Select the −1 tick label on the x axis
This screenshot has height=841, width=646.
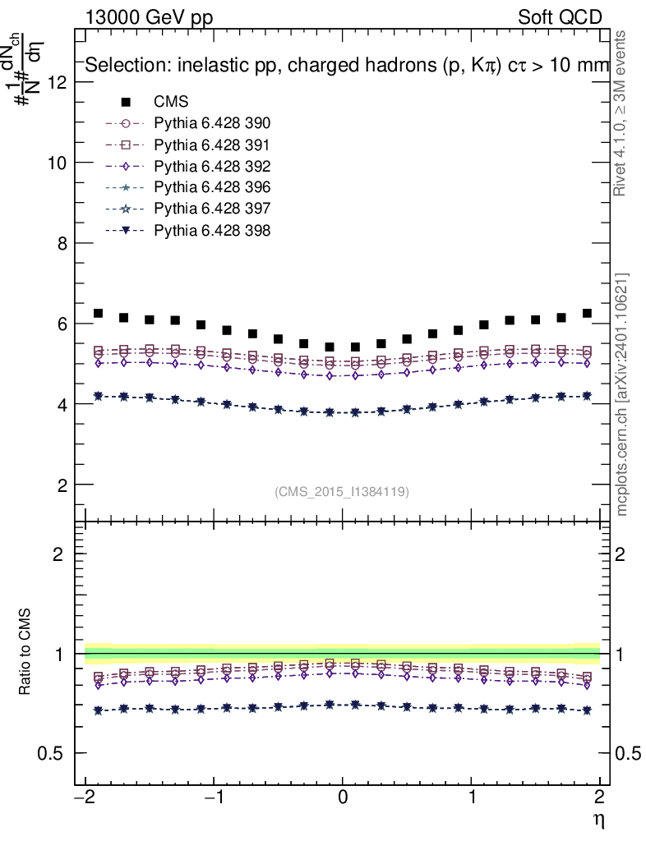tap(212, 797)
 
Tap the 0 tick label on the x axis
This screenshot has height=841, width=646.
tap(344, 797)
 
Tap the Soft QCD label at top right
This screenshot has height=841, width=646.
tap(560, 17)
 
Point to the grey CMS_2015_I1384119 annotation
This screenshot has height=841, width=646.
tap(342, 491)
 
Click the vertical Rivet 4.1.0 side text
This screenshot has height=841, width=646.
tap(621, 113)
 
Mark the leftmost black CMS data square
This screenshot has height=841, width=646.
tap(99, 313)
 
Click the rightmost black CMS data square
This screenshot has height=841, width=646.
tap(587, 313)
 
